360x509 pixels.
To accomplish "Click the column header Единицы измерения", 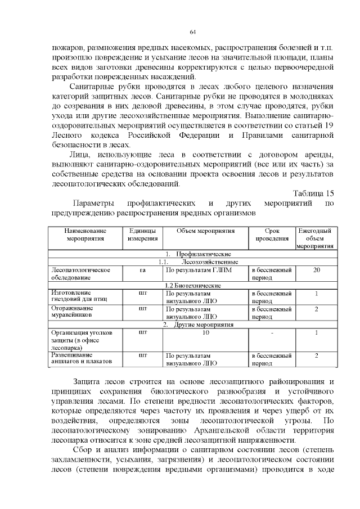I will [142, 235].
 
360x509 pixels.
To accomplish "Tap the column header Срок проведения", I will [272, 235].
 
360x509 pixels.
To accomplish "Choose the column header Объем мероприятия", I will [205, 231].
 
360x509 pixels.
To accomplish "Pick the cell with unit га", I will [142, 271].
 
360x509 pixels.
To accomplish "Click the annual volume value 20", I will [316, 271].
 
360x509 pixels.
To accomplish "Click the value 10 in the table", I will [205, 332].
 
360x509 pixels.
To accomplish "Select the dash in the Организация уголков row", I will [272, 332].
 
